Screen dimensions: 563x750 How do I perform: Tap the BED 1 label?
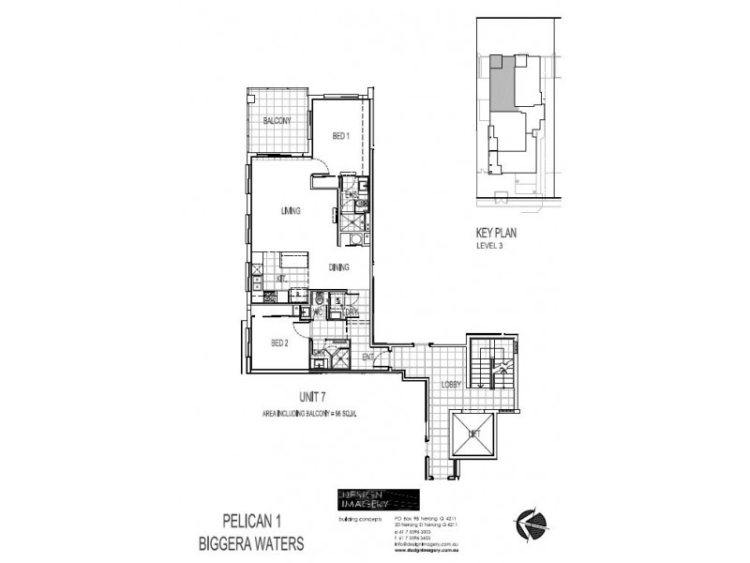[x=340, y=137]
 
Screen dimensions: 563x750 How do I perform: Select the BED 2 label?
[x=279, y=343]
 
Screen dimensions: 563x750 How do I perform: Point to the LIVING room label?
[x=290, y=211]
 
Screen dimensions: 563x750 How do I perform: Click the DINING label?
[x=339, y=267]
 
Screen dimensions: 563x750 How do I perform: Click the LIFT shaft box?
[x=472, y=434]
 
